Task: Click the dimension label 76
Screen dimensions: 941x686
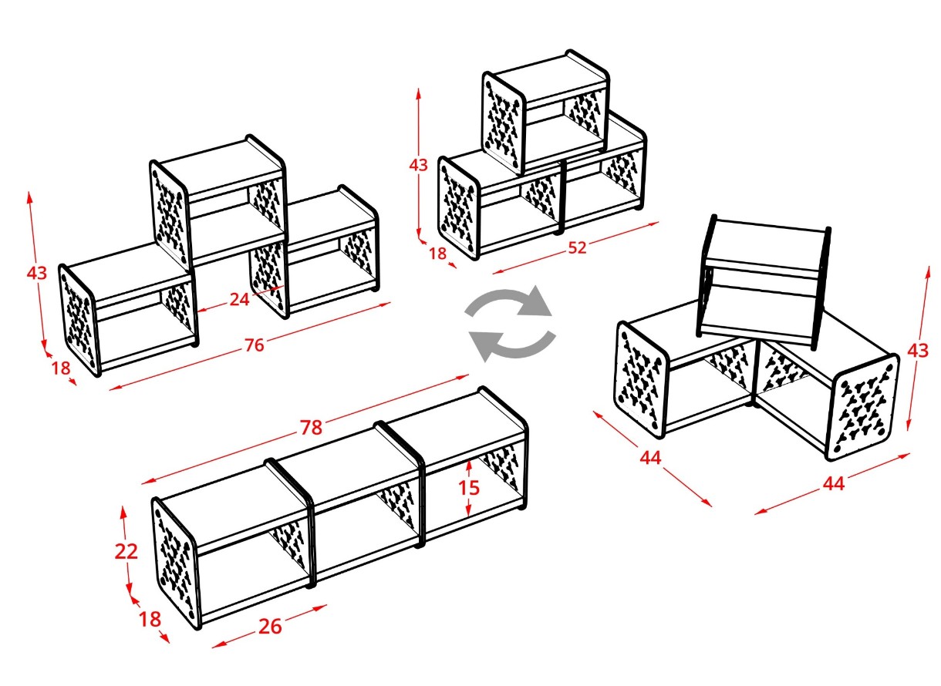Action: pos(255,345)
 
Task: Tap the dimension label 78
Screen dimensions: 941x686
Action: pos(312,427)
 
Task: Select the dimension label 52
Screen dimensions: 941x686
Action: pos(577,247)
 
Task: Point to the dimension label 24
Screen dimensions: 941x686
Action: pos(239,299)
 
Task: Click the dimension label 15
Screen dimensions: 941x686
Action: pos(468,488)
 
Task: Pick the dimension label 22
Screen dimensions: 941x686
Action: pos(126,551)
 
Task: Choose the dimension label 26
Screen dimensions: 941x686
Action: pos(270,627)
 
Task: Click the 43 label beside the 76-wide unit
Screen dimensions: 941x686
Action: pos(36,274)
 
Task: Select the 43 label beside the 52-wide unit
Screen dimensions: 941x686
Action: pos(418,165)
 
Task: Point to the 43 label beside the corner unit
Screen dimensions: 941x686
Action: pos(918,350)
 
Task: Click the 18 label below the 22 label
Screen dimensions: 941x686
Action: pos(149,620)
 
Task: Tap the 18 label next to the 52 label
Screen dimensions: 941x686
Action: pos(437,253)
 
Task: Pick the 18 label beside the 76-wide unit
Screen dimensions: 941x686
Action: pos(60,368)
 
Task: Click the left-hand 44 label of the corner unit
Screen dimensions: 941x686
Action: pos(650,458)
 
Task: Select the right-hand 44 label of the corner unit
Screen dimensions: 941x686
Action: pos(834,484)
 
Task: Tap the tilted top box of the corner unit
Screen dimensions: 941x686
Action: pos(764,281)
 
